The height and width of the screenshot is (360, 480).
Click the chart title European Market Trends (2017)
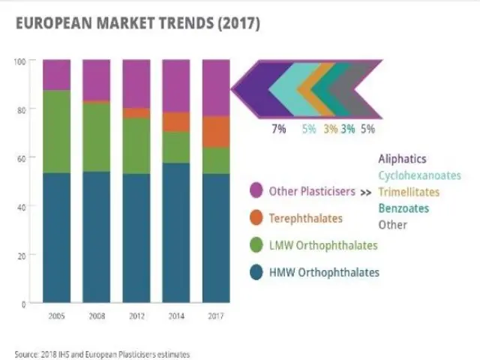137,24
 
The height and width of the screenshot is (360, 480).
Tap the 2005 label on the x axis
56,316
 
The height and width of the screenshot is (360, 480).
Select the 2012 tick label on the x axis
136,316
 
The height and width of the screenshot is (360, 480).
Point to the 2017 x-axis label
214,316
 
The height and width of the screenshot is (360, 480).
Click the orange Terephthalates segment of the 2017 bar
215,132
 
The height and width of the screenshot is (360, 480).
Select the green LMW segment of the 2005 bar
56,132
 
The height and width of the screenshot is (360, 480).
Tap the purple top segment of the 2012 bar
136,83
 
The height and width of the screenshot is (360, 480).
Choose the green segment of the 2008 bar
96,137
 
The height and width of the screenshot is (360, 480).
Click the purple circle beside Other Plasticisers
255,192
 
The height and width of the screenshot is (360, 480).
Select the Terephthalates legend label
306,218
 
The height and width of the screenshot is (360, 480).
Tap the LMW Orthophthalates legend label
323,245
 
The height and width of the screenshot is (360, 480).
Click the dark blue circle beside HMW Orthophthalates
255,273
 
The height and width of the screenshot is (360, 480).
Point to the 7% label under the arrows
278,129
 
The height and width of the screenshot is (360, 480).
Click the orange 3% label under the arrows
330,129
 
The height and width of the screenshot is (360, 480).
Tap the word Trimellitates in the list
409,192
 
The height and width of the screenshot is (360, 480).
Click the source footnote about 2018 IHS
103,353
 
